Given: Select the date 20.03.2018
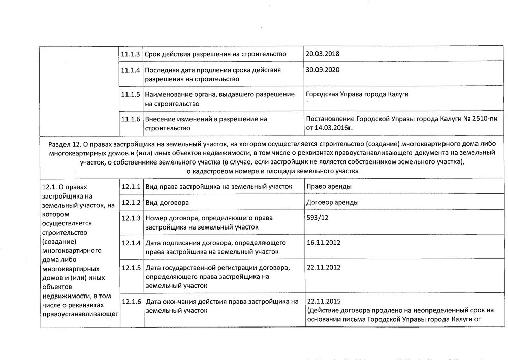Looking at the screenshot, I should [322, 54].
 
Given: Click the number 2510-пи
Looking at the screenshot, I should [478, 119].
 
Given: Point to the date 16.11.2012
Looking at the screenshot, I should [322, 242].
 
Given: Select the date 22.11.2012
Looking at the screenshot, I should [322, 267].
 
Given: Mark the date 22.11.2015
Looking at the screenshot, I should [322, 301].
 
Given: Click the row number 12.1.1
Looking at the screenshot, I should [131, 186].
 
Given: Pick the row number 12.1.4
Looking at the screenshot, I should [131, 242].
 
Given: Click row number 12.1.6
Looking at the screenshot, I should [131, 301].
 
